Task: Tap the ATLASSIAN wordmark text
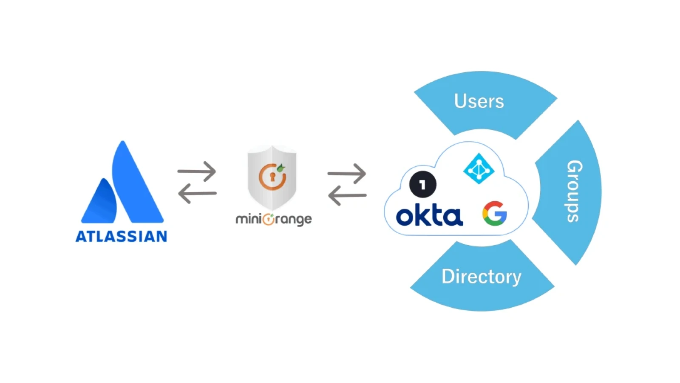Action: click(122, 237)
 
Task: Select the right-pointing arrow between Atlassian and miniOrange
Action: click(197, 171)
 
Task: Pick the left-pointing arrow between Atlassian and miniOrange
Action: click(197, 193)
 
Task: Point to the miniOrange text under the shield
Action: click(274, 220)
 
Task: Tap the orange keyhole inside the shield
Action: click(272, 177)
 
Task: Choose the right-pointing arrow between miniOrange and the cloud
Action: click(347, 174)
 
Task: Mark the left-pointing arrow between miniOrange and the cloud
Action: click(347, 195)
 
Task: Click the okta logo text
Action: click(429, 216)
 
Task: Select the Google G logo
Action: click(495, 214)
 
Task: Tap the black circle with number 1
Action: click(422, 185)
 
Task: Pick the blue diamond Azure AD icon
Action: click(479, 169)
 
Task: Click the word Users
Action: click(479, 101)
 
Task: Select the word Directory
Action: click(481, 277)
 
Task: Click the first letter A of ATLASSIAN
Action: click(81, 237)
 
